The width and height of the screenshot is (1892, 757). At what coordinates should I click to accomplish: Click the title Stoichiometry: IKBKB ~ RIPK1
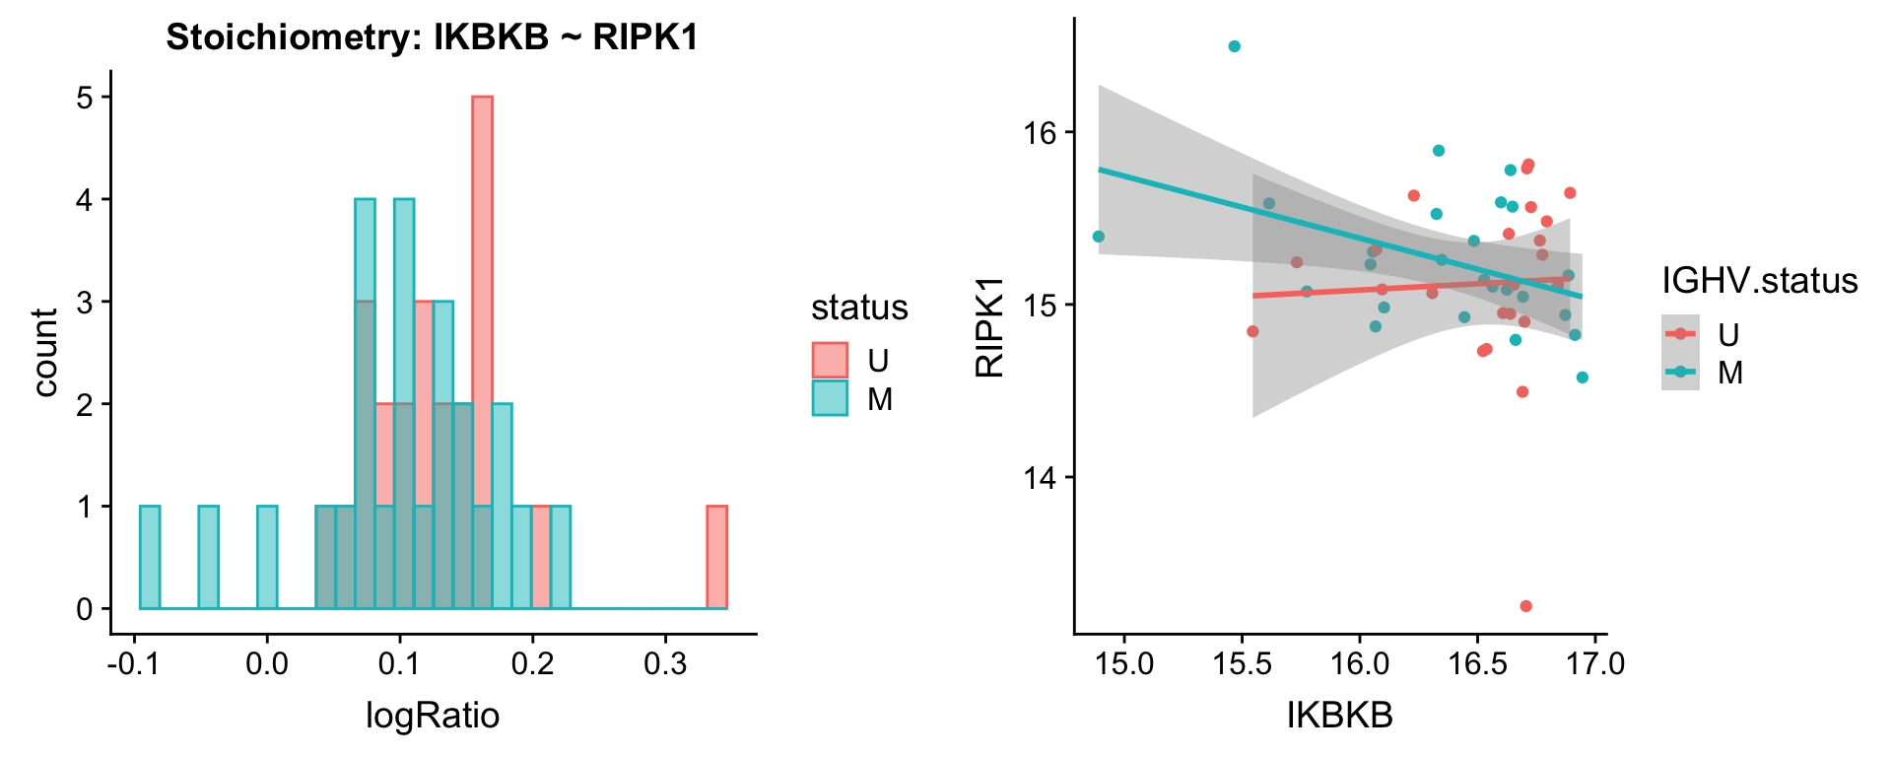[x=432, y=37]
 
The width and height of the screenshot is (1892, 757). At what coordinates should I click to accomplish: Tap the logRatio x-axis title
[x=433, y=715]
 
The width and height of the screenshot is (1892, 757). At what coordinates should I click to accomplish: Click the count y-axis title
[x=45, y=352]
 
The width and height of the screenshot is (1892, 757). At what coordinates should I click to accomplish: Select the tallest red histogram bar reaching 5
[x=482, y=352]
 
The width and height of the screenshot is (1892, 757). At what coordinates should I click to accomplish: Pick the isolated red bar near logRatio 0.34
[x=716, y=557]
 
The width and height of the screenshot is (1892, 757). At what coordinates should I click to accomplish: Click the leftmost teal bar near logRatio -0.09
[x=150, y=557]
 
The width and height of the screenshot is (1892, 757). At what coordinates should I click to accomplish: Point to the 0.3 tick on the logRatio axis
[x=665, y=662]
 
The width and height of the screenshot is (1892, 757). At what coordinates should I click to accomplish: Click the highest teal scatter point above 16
[x=1235, y=46]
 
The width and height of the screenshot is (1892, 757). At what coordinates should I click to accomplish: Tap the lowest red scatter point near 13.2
[x=1525, y=606]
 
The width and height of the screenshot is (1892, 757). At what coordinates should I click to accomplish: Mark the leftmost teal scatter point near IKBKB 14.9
[x=1099, y=237]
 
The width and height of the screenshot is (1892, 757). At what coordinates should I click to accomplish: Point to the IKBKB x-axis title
[x=1340, y=716]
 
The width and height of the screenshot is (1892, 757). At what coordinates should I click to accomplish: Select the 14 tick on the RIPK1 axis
[x=1042, y=478]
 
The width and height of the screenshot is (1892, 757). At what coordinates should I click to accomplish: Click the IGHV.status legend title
[x=1759, y=281]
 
